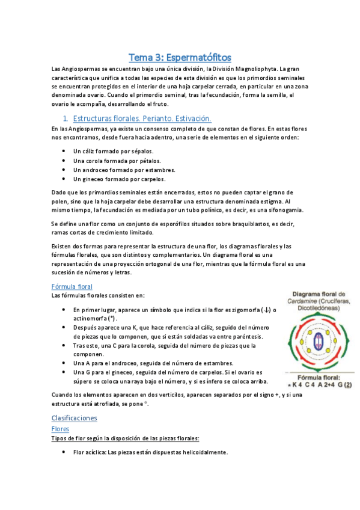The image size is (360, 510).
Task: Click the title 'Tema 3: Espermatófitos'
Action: [180, 58]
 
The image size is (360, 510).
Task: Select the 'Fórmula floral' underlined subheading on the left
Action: [72, 286]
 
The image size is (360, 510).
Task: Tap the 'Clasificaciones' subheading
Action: [75, 417]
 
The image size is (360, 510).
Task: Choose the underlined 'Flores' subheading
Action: [61, 429]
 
